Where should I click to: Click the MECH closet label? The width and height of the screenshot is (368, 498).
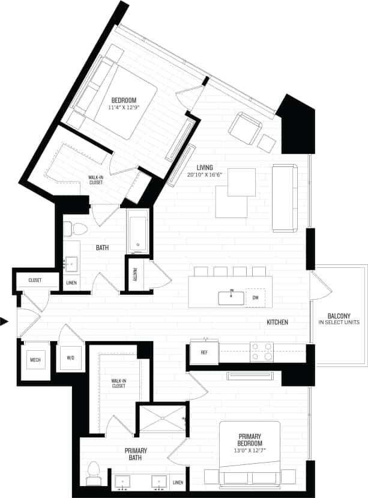pos(35,360)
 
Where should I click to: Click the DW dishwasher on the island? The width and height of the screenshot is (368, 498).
pos(255,297)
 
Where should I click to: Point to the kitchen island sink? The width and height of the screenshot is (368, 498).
pos(231,296)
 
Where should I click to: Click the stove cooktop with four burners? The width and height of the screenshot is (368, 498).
pos(261,352)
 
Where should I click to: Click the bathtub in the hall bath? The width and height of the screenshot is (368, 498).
pos(137,232)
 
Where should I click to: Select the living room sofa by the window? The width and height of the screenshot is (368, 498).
pos(285,198)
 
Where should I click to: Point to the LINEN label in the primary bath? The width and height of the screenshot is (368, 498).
pos(178,482)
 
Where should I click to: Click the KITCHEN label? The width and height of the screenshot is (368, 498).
pos(277,323)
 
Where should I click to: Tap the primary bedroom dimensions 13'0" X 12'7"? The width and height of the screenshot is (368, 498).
pos(250,448)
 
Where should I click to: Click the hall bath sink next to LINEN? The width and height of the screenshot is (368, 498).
pos(71,263)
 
